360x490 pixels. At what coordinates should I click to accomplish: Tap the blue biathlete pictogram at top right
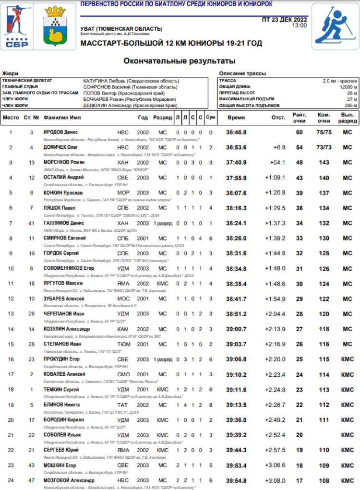335,26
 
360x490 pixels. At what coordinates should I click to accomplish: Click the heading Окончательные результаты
180,61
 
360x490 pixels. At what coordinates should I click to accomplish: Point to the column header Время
236,117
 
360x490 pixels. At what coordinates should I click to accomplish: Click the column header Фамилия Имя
62,117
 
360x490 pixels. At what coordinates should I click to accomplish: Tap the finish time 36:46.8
237,132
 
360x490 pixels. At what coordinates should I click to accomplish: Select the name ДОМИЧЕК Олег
61,147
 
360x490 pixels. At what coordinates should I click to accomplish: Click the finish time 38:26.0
237,238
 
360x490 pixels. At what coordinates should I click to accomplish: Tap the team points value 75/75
324,132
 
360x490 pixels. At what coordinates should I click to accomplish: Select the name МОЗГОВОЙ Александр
69,480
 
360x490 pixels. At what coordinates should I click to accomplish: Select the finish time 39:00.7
237,329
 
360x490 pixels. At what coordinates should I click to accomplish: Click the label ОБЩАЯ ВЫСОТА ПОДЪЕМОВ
249,105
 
